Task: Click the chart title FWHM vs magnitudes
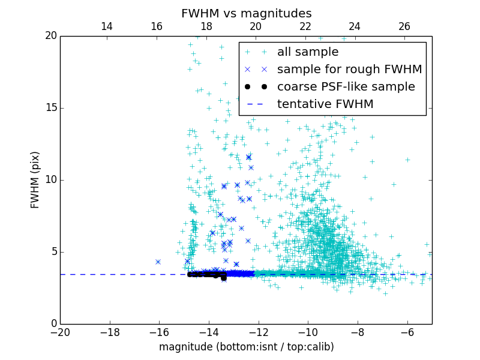pos(246,13)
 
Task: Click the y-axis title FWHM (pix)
pos(35,179)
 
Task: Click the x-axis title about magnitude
pos(246,347)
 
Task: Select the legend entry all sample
pos(308,52)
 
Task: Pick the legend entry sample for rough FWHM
pos(349,70)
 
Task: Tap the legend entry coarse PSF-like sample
pos(346,87)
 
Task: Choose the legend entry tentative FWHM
pos(325,104)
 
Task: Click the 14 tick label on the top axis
pos(107,26)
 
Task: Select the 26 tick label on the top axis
pos(404,26)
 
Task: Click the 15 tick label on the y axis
pos(50,108)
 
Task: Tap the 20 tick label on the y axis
pos(50,36)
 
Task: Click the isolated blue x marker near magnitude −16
pos(158,262)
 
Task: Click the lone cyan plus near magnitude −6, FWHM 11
pos(407,160)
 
